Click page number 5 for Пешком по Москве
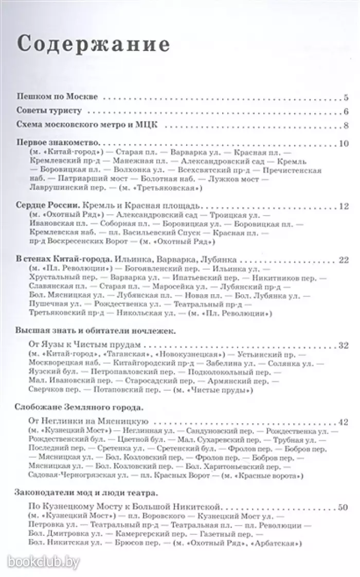click(347, 96)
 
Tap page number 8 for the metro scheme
click(347, 124)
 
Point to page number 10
click(344, 143)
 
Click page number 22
click(344, 260)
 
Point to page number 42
click(344, 422)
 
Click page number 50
click(344, 508)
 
